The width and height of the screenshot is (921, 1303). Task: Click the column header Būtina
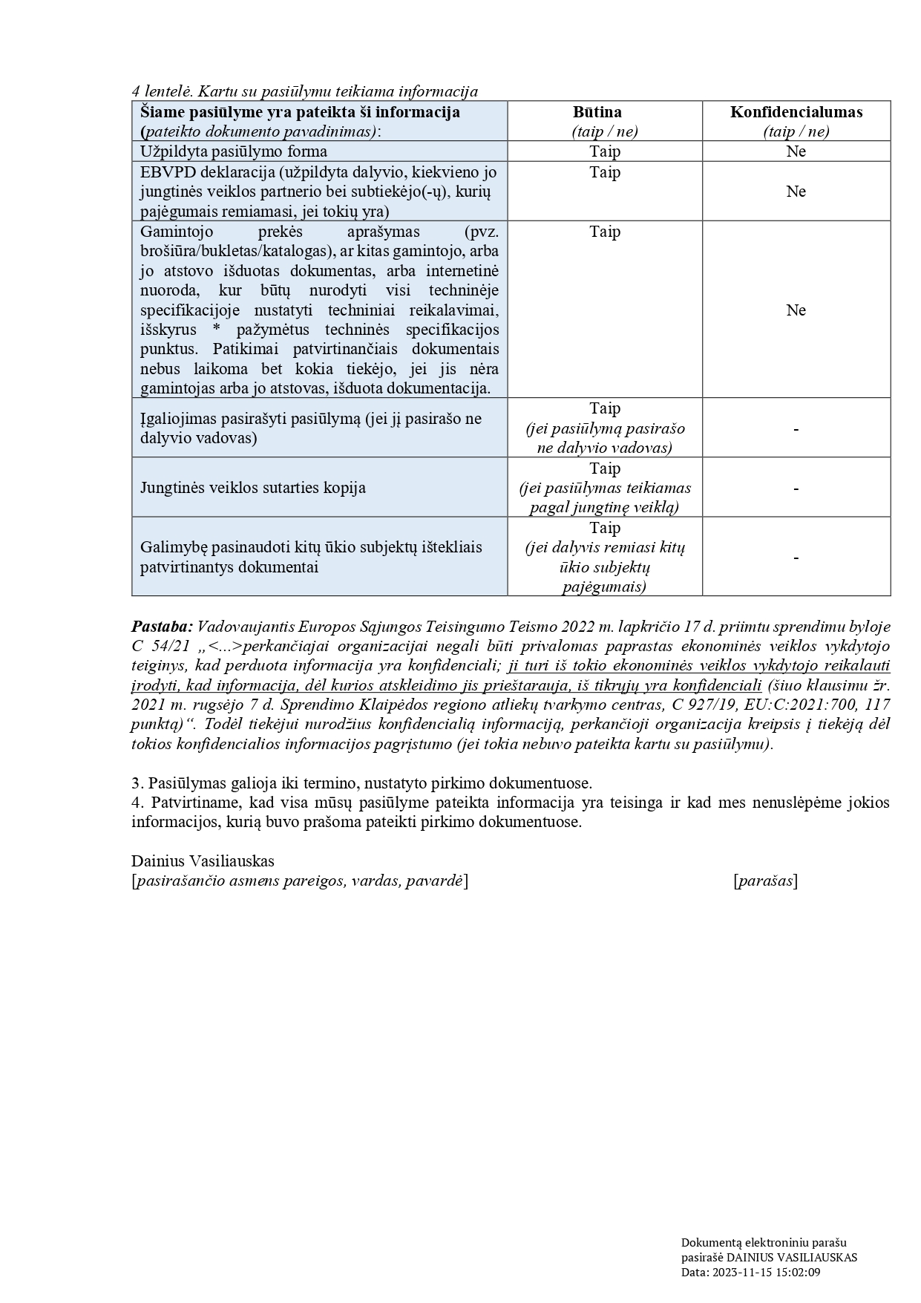coord(604,112)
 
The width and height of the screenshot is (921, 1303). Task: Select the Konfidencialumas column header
coord(796,112)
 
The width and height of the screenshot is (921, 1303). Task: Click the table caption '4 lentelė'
coord(162,92)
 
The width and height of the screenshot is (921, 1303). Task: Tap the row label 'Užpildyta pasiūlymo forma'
coord(234,151)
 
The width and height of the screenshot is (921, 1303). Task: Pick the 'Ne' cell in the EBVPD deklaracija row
coord(796,192)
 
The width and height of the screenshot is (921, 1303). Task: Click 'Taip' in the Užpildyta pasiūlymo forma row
coord(604,151)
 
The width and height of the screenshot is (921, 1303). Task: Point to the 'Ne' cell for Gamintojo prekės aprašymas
coord(796,310)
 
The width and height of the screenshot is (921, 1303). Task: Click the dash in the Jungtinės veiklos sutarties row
coord(796,489)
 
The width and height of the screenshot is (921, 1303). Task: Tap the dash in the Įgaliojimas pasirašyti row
coord(796,429)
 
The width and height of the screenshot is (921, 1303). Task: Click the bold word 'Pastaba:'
coord(162,627)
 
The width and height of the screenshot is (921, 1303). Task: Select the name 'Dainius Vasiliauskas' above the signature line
coord(203,861)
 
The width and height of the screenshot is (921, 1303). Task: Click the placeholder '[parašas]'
coord(765,881)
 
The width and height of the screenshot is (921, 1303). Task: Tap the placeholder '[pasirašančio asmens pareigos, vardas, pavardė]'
coord(300,881)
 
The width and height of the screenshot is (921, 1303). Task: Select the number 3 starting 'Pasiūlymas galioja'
coord(136,783)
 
